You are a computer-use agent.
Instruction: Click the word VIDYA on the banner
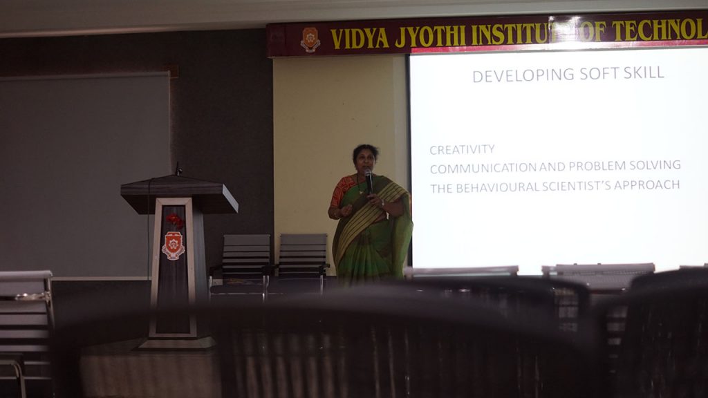(x=360, y=39)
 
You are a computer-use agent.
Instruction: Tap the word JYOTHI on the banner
(x=430, y=37)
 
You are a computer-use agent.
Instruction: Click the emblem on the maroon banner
(x=310, y=39)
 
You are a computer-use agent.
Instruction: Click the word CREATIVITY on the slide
(x=462, y=149)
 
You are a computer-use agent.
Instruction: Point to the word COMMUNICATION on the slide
(x=483, y=168)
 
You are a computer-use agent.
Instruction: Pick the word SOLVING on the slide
(x=655, y=165)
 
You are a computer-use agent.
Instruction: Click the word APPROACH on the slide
(x=646, y=185)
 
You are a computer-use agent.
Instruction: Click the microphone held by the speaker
(x=369, y=180)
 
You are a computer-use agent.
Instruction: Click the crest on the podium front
(x=174, y=245)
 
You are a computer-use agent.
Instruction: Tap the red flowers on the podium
(x=175, y=220)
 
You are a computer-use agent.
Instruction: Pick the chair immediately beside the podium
(x=244, y=264)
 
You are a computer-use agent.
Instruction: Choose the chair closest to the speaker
(x=302, y=260)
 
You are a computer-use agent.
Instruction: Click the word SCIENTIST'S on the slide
(x=576, y=186)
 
